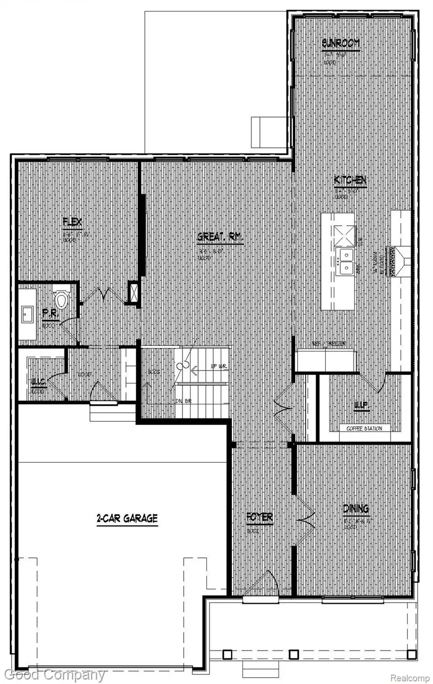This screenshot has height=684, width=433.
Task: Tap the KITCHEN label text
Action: pos(350,181)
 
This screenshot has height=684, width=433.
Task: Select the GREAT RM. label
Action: pos(220,237)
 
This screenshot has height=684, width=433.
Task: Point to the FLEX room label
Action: pos(73,222)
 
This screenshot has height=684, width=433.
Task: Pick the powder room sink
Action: pos(26,315)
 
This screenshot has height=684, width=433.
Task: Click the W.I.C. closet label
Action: pos(38,382)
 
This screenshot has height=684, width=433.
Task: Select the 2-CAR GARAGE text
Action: pos(127,518)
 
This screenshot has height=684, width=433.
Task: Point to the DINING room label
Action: pos(356,508)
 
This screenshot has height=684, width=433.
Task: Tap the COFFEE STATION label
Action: pos(364,428)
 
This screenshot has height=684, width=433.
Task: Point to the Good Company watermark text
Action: pos(53,675)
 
